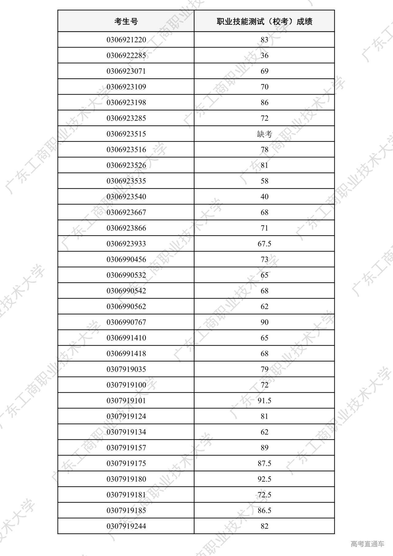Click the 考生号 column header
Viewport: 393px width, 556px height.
point(126,21)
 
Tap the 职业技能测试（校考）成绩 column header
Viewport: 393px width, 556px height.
point(264,21)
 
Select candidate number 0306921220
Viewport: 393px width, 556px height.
point(126,40)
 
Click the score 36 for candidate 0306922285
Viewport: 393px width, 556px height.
point(264,56)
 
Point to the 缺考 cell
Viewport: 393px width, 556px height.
point(264,134)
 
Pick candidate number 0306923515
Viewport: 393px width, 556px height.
point(126,134)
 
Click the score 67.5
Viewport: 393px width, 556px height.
point(264,244)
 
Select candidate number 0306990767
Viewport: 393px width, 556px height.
point(126,322)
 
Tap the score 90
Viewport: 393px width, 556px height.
point(264,322)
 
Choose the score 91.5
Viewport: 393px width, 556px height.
point(264,401)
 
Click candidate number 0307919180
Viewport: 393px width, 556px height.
point(126,479)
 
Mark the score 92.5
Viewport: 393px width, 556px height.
point(264,479)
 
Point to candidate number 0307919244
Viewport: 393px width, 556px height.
point(126,526)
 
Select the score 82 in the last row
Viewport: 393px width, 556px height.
point(264,526)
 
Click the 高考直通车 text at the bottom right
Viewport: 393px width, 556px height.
point(367,544)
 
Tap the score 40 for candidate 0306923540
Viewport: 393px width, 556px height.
point(264,197)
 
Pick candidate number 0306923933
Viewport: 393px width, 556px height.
point(126,244)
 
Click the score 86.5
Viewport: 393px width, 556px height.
point(264,511)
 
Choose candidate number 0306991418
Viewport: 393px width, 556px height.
point(126,354)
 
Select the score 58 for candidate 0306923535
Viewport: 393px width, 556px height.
point(264,181)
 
